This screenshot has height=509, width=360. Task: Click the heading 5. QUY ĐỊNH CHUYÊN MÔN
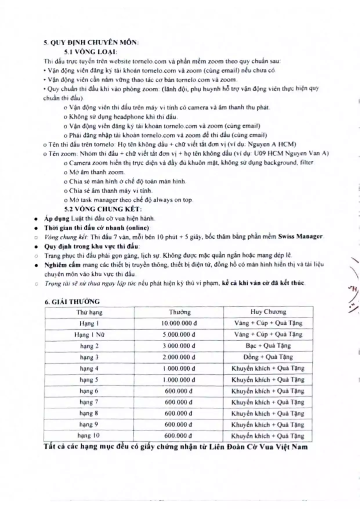tap(91, 42)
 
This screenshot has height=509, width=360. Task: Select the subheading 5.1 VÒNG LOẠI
tap(91, 52)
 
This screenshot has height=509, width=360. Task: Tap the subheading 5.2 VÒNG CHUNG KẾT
tap(103, 209)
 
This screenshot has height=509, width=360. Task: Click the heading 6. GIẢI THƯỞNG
tap(72, 302)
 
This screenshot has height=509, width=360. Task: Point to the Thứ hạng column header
tap(89, 312)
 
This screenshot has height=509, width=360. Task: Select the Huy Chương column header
tap(268, 312)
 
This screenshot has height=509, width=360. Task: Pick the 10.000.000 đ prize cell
tap(179, 323)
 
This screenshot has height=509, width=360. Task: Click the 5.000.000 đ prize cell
tap(179, 335)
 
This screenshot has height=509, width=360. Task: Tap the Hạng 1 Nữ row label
tap(89, 335)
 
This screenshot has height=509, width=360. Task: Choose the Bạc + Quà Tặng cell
tap(268, 346)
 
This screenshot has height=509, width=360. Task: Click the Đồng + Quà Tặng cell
tap(268, 357)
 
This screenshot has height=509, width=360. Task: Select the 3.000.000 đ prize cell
tap(179, 346)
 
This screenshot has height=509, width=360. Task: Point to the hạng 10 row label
tap(88, 436)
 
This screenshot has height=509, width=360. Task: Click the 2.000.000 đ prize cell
tap(179, 357)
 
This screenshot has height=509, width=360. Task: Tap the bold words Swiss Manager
tap(300, 236)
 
